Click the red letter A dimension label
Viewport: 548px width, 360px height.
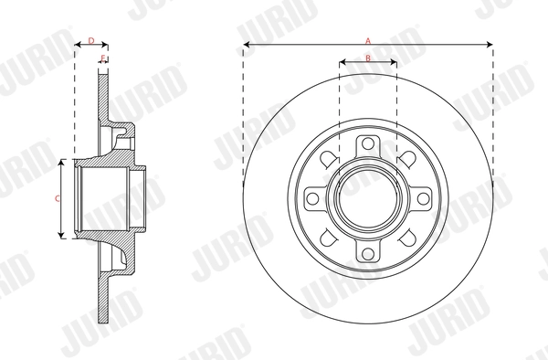coord(368,40)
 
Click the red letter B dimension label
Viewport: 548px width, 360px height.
coord(367,58)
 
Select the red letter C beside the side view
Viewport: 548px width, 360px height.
coord(57,198)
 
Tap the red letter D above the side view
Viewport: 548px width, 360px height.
coord(90,40)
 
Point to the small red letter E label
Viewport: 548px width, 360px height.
coord(103,59)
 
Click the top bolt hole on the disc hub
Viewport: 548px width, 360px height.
coord(367,144)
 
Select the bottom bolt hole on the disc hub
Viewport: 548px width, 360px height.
coord(367,252)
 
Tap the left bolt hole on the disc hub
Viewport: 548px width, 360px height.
coord(313,198)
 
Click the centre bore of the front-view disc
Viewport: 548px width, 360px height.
coord(367,198)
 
